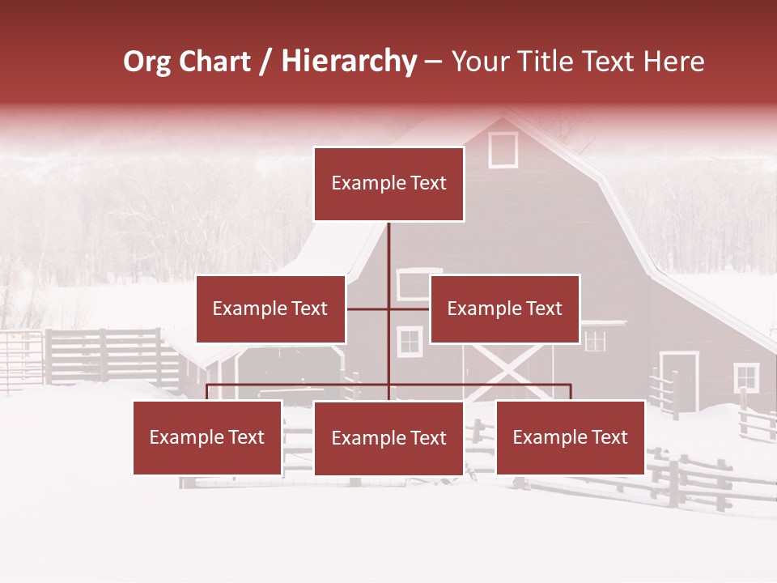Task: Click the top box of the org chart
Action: tap(388, 184)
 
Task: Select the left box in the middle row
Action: tap(270, 309)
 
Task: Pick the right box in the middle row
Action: tap(504, 309)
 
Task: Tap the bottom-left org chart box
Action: tap(207, 437)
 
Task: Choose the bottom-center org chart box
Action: tap(388, 438)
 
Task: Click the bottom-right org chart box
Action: tap(570, 437)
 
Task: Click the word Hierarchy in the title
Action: tap(349, 62)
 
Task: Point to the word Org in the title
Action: tap(146, 62)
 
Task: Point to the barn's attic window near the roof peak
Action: tap(503, 150)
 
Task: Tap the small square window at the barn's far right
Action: tap(746, 377)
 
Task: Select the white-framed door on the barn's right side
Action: tap(679, 381)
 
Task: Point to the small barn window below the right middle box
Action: tap(595, 340)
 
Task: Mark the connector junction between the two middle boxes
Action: tap(388, 309)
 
